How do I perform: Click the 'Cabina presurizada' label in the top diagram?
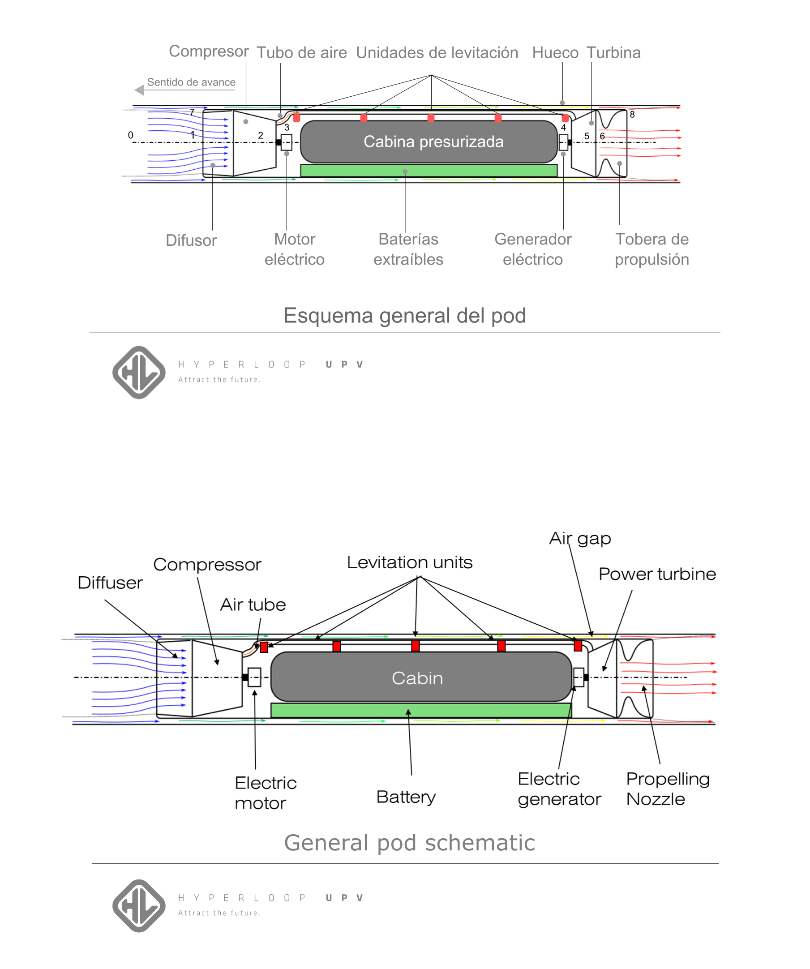click(433, 141)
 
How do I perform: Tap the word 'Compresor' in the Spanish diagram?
click(209, 51)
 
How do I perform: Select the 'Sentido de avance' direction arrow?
click(139, 90)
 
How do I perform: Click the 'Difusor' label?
click(191, 240)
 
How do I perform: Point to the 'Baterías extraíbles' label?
click(408, 249)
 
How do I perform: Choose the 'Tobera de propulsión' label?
click(651, 249)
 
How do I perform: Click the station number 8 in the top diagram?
click(632, 115)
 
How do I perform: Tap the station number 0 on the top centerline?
click(131, 135)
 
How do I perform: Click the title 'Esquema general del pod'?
click(404, 316)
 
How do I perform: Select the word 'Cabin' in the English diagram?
click(417, 678)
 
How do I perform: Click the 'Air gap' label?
click(580, 539)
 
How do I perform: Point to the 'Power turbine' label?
click(657, 574)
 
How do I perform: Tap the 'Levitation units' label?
click(409, 562)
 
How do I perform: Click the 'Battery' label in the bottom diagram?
click(406, 797)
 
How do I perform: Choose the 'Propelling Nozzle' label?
click(667, 789)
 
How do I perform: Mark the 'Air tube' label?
click(253, 605)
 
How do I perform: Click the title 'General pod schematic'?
click(409, 843)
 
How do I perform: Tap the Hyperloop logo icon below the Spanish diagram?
click(139, 373)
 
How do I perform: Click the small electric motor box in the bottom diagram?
click(254, 677)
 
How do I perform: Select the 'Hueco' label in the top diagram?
click(555, 52)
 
